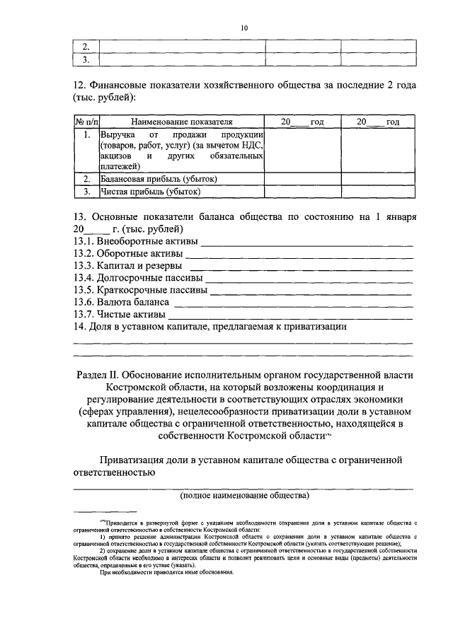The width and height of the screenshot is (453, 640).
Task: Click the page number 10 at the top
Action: [x=244, y=28]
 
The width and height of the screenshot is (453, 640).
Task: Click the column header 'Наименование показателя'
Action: [x=181, y=122]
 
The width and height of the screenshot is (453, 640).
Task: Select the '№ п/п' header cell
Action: [x=86, y=122]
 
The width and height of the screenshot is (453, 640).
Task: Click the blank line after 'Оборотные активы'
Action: [x=300, y=256]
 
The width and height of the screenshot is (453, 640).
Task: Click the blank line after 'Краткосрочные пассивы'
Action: [x=312, y=291]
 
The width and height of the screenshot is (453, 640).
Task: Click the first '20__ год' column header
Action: [x=302, y=122]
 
